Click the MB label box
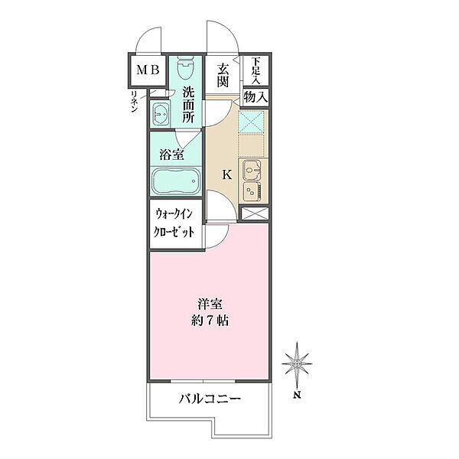pos(148,70)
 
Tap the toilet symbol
pos(186,67)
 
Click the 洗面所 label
pos(188,105)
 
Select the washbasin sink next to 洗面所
pos(161,115)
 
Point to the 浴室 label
pos(172,155)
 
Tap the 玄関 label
pos(223,75)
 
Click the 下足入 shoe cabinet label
pos(256,70)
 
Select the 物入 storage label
pos(256,97)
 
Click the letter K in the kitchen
pos(227,175)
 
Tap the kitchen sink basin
pos(252,170)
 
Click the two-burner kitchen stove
pos(252,190)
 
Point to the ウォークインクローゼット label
pos(174,223)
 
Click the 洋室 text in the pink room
pos(210,304)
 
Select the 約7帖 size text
pos(210,321)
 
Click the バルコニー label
pos(210,399)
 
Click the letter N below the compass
pos(298,396)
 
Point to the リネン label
pos(135,102)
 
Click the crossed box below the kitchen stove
pos(255,213)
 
